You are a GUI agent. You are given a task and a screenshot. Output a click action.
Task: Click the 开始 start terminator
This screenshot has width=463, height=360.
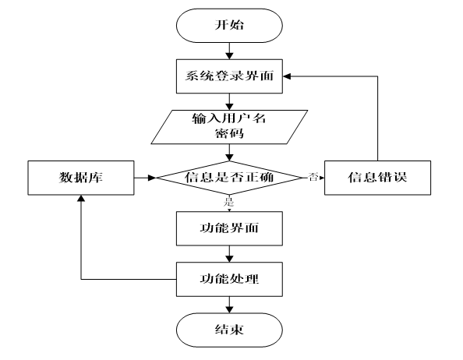tap(228, 25)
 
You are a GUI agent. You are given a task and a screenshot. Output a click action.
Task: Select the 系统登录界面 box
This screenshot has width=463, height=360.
tap(228, 77)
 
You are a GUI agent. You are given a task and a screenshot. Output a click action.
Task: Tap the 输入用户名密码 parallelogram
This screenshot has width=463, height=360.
tap(228, 126)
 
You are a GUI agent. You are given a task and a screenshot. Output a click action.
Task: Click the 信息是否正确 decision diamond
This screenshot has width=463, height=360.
tap(228, 178)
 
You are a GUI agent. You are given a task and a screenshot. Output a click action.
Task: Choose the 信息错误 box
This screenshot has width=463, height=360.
tap(378, 178)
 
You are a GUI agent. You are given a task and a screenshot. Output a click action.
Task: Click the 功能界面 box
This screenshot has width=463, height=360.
tap(228, 229)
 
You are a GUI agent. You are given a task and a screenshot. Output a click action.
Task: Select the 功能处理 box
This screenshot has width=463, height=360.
tap(228, 278)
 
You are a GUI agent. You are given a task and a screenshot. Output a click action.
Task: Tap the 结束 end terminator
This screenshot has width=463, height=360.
tap(228, 330)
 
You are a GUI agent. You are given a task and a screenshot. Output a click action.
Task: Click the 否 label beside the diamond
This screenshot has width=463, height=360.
tap(313, 177)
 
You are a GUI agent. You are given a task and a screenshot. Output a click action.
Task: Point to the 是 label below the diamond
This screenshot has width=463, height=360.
tap(228, 202)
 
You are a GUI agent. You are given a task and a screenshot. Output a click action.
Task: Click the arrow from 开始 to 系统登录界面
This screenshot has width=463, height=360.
tap(228, 51)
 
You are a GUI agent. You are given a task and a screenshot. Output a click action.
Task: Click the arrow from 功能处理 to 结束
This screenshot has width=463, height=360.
tap(228, 304)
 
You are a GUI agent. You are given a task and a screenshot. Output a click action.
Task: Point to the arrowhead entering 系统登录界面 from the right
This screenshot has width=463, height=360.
tap(288, 77)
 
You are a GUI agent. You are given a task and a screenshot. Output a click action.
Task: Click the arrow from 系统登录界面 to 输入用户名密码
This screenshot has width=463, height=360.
tap(228, 101)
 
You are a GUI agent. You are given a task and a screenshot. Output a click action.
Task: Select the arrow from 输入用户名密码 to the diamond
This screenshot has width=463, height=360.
tap(228, 152)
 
